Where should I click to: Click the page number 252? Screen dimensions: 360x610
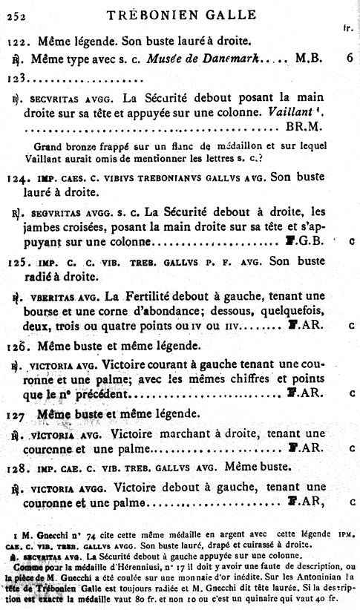coord(16,14)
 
